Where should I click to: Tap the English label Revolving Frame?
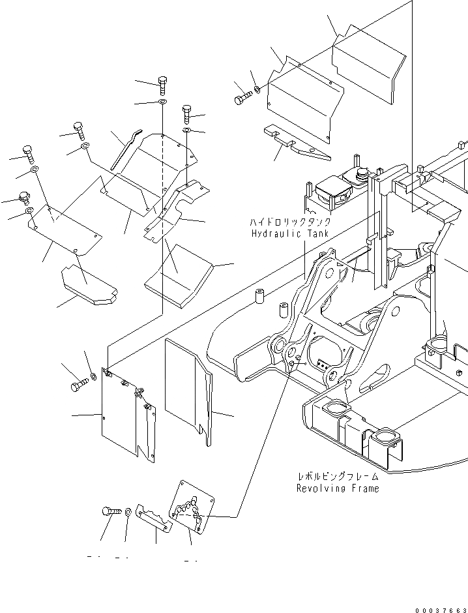[337, 488]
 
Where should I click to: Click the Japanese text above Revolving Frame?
[337, 477]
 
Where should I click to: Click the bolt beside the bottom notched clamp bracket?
[109, 512]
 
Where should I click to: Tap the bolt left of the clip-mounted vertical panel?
[78, 385]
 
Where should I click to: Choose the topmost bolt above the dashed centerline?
[162, 83]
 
